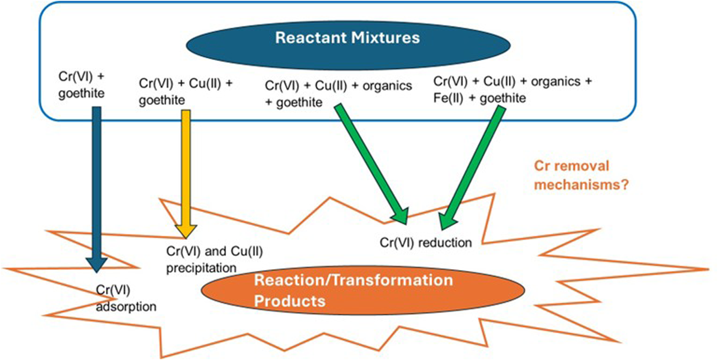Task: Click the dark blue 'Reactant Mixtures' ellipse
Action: click(348, 45)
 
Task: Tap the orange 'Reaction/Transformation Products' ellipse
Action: click(363, 290)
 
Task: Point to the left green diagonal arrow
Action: click(371, 164)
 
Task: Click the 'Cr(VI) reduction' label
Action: click(425, 243)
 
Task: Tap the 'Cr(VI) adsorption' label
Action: click(126, 298)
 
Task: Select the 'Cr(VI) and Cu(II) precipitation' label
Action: click(214, 259)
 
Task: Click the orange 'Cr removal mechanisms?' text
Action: click(581, 175)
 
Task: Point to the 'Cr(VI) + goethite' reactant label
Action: click(82, 85)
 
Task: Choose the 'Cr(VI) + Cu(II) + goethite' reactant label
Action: click(185, 91)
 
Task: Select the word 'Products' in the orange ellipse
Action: click(290, 301)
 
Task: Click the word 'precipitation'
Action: click(201, 268)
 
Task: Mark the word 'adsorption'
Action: click(126, 306)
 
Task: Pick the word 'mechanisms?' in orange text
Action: click(581, 185)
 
